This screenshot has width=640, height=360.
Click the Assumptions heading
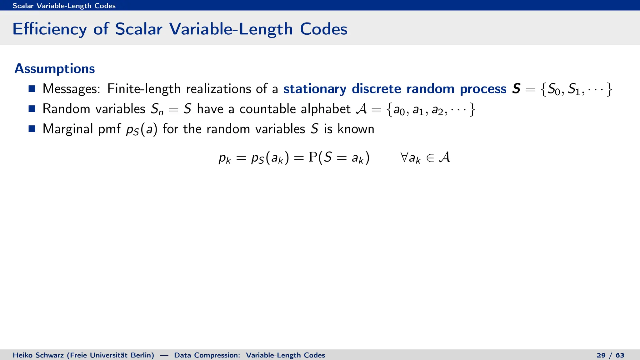(55, 69)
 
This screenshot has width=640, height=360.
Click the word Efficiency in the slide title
(50, 29)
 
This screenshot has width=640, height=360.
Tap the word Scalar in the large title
(139, 29)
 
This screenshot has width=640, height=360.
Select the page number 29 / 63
(610, 355)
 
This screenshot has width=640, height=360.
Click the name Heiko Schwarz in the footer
(39, 355)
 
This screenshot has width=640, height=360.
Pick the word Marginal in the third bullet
(68, 129)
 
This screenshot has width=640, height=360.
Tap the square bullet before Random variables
(32, 109)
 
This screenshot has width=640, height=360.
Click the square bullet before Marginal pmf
(32, 129)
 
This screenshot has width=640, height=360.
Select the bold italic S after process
(516, 89)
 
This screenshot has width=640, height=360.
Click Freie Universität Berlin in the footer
(110, 355)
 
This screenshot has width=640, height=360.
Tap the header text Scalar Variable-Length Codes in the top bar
(64, 6)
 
